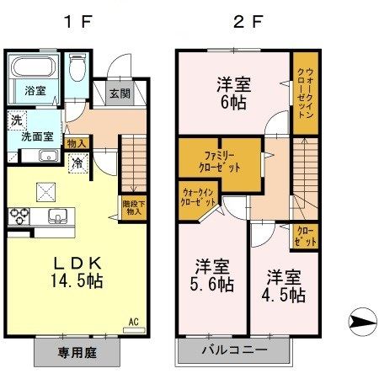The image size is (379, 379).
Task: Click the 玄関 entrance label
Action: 119,93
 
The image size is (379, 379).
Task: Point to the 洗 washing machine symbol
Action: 16,120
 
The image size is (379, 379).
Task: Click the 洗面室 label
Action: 37,135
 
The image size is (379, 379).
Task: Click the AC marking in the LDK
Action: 132,321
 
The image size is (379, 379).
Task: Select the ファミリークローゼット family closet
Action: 216,160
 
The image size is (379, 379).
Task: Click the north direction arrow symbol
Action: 359,321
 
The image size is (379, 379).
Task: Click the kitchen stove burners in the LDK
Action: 19,215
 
